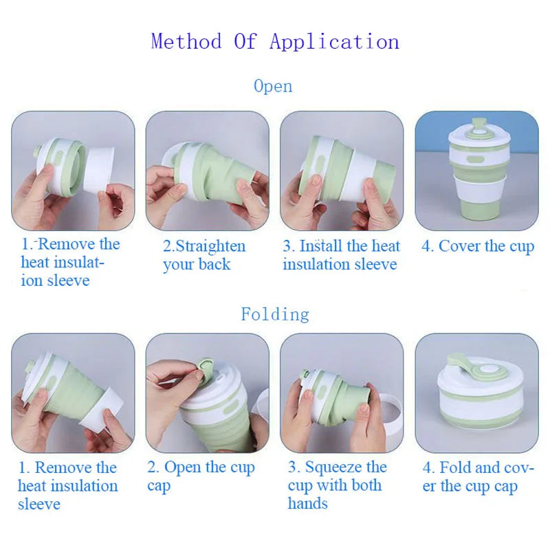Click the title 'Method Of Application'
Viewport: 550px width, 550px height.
click(x=275, y=41)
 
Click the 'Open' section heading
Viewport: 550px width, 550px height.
click(x=273, y=87)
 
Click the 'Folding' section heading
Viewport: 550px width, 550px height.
click(x=275, y=315)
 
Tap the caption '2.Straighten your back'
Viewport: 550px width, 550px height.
click(x=203, y=256)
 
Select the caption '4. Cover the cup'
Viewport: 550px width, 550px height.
click(x=478, y=247)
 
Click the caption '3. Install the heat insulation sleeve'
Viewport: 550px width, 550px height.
click(x=341, y=255)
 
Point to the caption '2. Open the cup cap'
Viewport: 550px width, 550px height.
click(x=201, y=476)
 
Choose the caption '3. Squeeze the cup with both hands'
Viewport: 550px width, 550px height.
click(x=337, y=485)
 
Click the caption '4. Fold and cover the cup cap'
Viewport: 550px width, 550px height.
click(x=478, y=476)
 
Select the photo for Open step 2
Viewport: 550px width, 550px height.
click(x=207, y=170)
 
